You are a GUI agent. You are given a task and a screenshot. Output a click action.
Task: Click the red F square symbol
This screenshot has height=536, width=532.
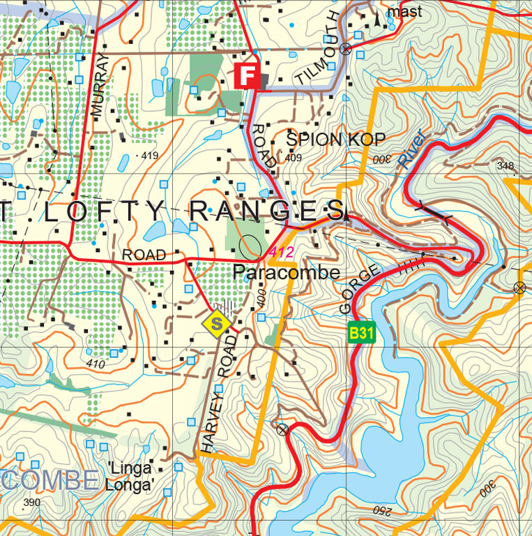[248, 75]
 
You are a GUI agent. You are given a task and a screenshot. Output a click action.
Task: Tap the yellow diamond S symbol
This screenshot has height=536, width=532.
[217, 323]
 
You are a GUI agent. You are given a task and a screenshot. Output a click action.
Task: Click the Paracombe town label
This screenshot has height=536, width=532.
[287, 273]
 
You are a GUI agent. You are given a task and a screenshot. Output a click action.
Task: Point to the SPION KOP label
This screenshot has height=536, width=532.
[325, 140]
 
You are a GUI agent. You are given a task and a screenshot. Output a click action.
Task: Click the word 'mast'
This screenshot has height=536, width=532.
[405, 11]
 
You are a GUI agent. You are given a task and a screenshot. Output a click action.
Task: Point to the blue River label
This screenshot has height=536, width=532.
[411, 148]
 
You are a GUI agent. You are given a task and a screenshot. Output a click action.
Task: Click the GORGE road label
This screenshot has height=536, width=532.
[358, 289]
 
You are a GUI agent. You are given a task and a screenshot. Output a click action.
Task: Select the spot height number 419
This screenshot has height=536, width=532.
[149, 155]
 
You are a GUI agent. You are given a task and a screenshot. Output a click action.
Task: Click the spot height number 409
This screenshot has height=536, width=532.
[294, 158]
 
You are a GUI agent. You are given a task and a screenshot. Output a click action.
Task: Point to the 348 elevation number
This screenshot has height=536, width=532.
[506, 165]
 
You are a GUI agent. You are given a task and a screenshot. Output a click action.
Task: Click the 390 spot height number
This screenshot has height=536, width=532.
[31, 502]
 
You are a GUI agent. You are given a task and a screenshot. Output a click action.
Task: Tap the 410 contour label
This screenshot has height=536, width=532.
[96, 364]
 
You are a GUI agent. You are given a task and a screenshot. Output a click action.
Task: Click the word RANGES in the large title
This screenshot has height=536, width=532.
[267, 210]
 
